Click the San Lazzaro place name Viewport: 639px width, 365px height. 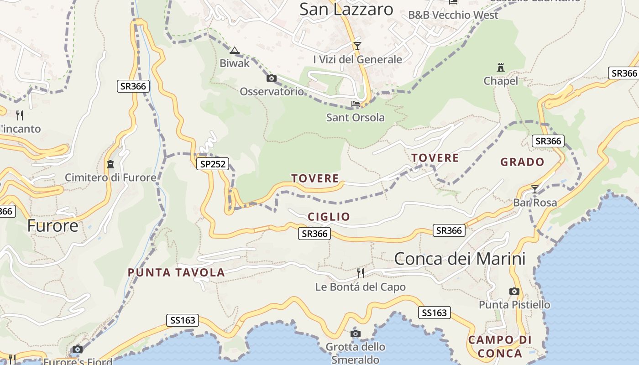tap(346, 9)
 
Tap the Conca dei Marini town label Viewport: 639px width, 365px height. tap(460, 259)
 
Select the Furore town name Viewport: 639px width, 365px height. tap(52, 225)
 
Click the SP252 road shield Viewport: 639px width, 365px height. tap(213, 164)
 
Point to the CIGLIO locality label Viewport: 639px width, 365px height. tap(329, 217)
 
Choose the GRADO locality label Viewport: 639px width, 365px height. tap(522, 162)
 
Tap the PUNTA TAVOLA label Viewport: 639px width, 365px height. tap(176, 273)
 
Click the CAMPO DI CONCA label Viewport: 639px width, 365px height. tap(500, 346)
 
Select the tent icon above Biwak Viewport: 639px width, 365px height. tap(235, 50)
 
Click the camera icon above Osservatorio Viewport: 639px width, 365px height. tap(272, 78)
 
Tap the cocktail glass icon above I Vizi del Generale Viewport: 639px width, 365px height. tap(357, 46)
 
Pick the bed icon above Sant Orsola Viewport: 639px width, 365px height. tap(356, 104)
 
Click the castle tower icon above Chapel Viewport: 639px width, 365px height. tap(501, 68)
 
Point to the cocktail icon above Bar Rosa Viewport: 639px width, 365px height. tap(534, 189)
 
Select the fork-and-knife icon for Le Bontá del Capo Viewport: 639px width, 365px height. tap(360, 273)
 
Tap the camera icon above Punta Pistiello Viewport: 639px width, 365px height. tap(514, 291)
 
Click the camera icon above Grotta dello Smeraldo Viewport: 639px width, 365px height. tap(355, 334)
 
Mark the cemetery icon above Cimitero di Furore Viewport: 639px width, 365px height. tap(110, 164)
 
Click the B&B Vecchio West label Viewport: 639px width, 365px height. tap(453, 15)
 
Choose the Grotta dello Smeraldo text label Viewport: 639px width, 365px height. tap(355, 353)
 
